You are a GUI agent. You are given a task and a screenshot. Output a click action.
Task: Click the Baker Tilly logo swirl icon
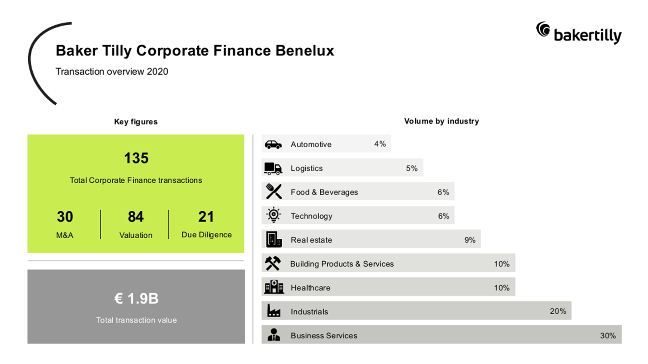click(543, 29)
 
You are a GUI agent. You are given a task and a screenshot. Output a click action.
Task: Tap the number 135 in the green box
click(136, 158)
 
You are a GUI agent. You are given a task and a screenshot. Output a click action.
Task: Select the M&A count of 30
click(65, 217)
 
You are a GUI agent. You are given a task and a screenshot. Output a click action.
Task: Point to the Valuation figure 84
click(136, 217)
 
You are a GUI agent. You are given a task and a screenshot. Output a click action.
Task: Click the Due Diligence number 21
click(206, 217)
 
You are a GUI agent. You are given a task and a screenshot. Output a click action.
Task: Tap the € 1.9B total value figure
click(136, 298)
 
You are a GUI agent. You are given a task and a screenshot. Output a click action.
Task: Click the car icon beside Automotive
click(273, 145)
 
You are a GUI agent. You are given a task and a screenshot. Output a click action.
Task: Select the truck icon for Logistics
click(273, 168)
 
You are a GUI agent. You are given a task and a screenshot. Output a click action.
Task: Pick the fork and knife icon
click(274, 191)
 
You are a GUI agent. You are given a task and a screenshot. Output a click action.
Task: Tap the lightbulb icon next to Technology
click(274, 215)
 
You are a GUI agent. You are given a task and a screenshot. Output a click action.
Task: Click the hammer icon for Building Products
click(273, 263)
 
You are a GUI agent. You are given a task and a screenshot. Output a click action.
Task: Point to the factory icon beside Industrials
click(274, 310)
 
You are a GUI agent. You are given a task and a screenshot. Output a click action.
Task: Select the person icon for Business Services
click(274, 335)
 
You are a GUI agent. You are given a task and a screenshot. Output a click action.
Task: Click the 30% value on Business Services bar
click(608, 336)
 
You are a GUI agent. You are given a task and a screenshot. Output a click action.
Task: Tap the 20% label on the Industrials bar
click(558, 311)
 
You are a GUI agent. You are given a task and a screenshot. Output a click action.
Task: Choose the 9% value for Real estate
click(470, 240)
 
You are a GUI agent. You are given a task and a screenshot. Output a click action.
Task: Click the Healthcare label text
click(310, 288)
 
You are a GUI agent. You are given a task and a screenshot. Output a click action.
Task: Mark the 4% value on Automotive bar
click(380, 144)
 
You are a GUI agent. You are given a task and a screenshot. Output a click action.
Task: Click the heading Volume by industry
click(441, 121)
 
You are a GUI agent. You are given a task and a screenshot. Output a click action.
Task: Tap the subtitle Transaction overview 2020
click(112, 72)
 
